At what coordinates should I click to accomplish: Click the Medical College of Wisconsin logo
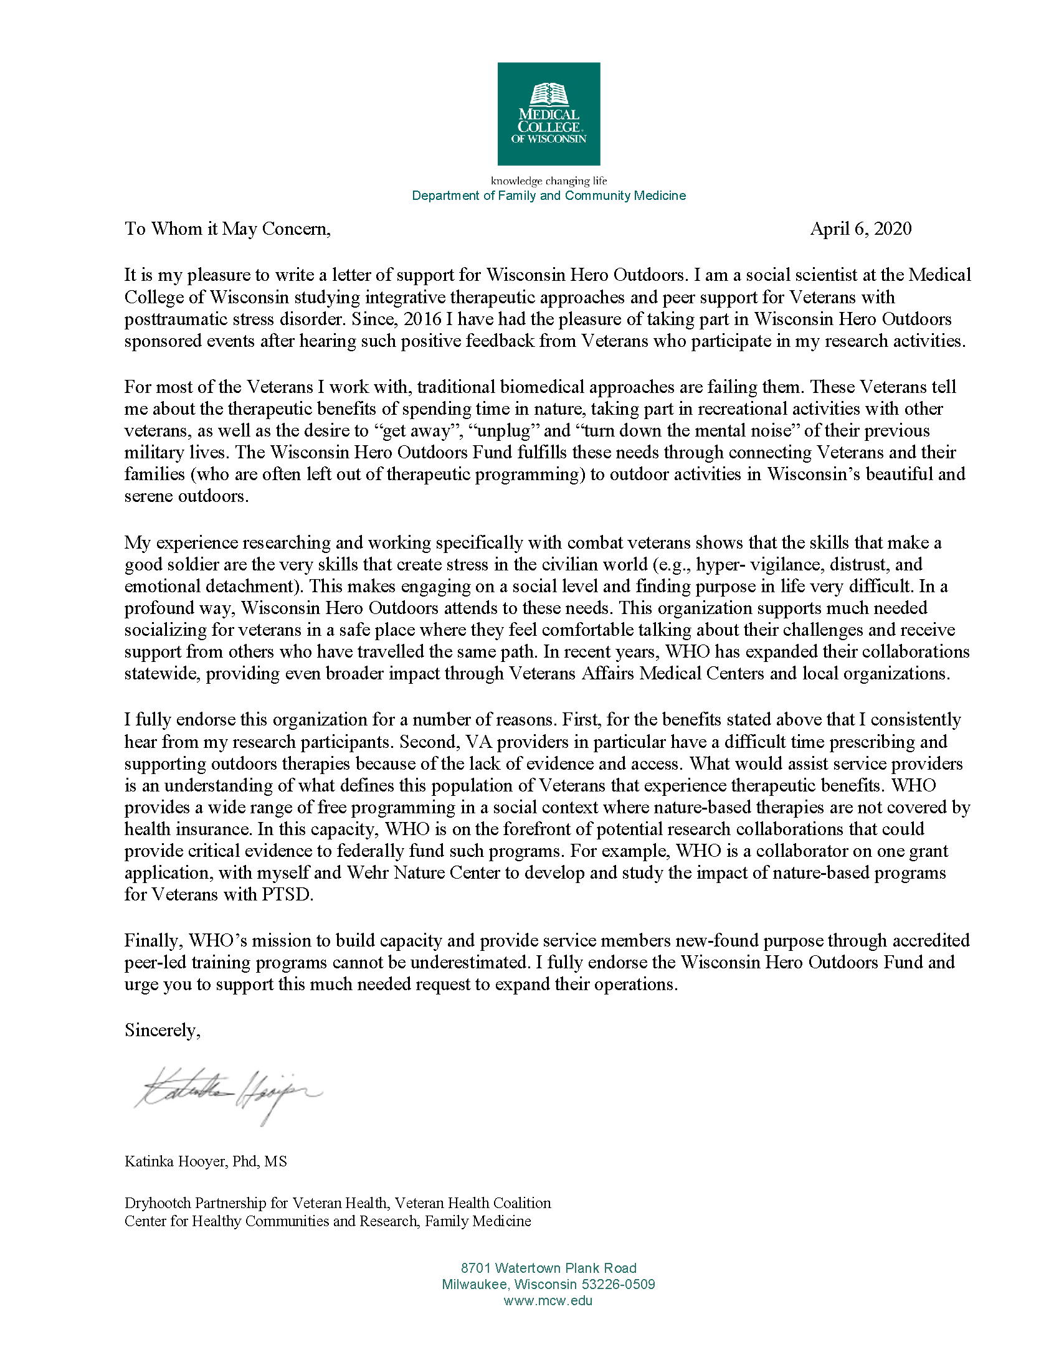pos(548,113)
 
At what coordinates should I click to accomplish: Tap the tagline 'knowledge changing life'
pos(548,181)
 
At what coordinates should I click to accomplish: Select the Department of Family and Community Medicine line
pos(548,196)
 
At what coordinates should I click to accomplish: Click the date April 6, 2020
pos(860,229)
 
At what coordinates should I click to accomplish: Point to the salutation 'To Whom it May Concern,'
pos(227,229)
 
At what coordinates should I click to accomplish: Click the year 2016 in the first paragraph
pos(422,319)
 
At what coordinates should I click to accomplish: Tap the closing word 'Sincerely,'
pos(163,1030)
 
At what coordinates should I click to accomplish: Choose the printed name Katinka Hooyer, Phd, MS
pos(206,1161)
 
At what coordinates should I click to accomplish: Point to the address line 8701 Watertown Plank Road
pos(548,1268)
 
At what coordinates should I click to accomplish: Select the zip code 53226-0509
pos(618,1284)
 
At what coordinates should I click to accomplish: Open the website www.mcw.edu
pos(548,1300)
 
